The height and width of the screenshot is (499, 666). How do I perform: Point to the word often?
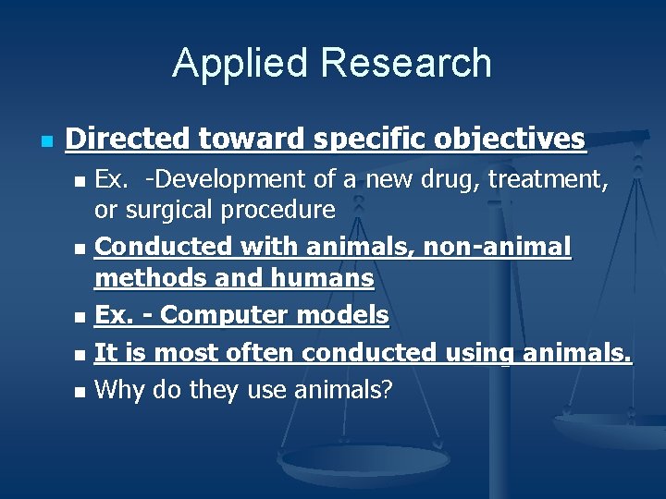click(x=262, y=352)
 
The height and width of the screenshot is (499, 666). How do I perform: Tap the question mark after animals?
click(x=388, y=390)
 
